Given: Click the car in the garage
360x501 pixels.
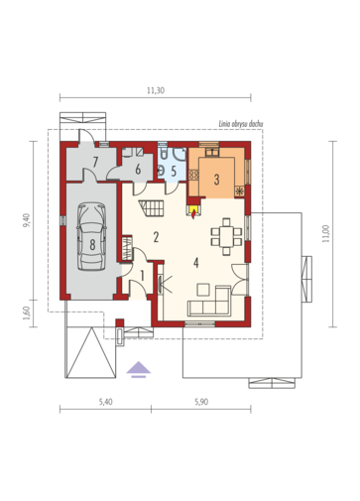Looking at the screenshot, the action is [91, 237].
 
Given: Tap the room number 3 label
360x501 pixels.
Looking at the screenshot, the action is [216, 180].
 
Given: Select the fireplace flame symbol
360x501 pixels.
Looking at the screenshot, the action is [193, 215].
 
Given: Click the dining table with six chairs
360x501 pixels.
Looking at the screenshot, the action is [226, 236].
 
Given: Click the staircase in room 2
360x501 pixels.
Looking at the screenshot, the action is [152, 208].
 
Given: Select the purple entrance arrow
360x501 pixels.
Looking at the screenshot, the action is [139, 369].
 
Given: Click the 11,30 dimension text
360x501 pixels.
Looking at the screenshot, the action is [156, 90].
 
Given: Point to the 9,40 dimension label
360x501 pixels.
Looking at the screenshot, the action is [27, 220].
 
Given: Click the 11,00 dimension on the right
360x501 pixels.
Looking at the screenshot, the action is [326, 234].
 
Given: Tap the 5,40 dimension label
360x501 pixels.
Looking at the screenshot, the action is [105, 402].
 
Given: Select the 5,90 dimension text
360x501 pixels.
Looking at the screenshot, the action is [201, 402].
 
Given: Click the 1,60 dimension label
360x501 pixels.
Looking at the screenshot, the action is [27, 313].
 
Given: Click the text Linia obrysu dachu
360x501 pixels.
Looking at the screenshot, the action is [241, 124].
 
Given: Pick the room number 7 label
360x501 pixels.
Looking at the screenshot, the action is [95, 162].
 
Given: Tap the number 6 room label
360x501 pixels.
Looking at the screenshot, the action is [138, 170].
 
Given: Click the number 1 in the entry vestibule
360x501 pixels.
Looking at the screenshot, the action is [143, 276].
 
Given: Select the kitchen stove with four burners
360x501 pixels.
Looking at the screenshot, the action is [193, 175].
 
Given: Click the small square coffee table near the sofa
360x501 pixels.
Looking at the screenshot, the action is [203, 290].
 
